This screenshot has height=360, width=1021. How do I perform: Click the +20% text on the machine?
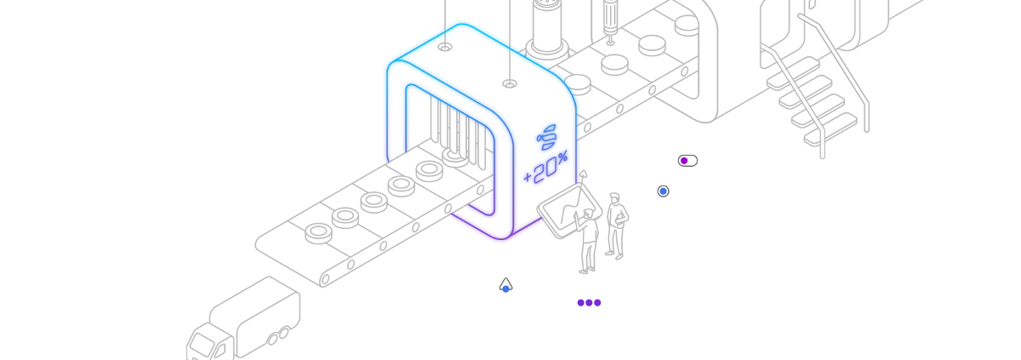click(x=545, y=168)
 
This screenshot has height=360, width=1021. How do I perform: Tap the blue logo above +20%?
click(x=546, y=137)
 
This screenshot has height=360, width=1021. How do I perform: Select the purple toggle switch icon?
click(x=687, y=161)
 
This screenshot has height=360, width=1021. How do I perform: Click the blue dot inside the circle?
click(x=663, y=191)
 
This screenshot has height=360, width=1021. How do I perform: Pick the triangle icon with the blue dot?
click(x=506, y=286)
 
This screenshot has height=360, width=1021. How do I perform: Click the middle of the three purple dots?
click(x=589, y=303)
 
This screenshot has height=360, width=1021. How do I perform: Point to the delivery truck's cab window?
click(x=202, y=345)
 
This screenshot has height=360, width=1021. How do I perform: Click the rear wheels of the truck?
click(x=278, y=337)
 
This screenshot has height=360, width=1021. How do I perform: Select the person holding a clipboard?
click(x=616, y=226)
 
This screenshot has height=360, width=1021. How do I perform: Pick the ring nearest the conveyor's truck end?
click(x=318, y=234)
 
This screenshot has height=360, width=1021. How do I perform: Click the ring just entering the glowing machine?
click(x=455, y=157)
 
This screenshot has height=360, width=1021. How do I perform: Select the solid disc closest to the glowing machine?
click(x=578, y=85)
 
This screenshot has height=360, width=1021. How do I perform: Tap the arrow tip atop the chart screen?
click(x=584, y=174)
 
